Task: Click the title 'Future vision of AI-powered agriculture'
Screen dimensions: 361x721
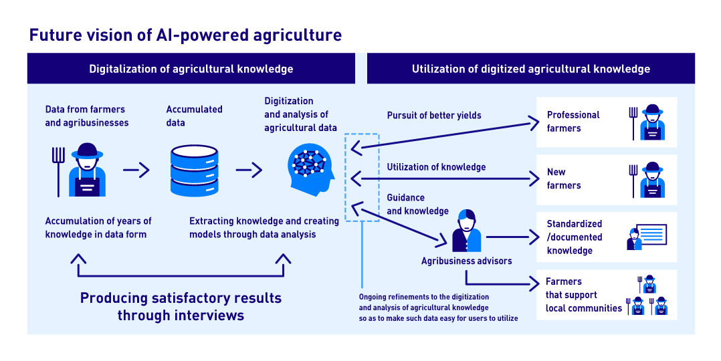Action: click(x=185, y=35)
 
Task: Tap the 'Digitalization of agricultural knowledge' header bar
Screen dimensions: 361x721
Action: click(x=191, y=69)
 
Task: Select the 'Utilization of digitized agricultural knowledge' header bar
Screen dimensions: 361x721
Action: click(x=530, y=69)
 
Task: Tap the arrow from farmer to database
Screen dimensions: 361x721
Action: click(x=136, y=170)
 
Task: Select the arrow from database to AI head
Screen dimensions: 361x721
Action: click(x=248, y=170)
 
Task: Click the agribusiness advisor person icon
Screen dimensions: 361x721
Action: click(x=466, y=230)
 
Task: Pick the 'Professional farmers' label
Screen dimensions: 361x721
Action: click(x=573, y=122)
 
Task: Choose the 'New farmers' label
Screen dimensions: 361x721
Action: click(x=564, y=178)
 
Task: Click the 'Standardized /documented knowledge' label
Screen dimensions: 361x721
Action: click(x=574, y=237)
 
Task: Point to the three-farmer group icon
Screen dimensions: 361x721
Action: click(x=646, y=295)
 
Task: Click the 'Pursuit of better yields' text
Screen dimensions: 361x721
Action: click(x=434, y=115)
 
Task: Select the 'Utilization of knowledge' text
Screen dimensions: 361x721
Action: click(x=436, y=166)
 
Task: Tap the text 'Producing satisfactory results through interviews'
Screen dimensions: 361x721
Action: click(x=181, y=306)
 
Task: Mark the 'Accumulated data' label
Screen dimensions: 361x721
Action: click(x=194, y=116)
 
